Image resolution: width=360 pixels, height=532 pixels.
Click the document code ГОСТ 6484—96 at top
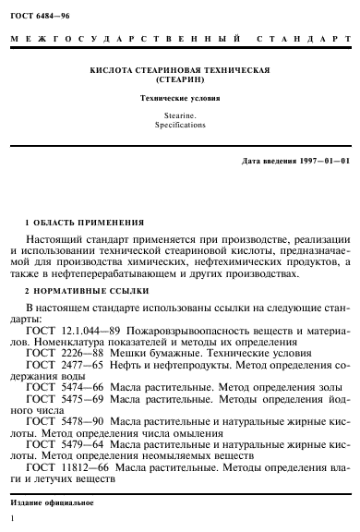tap(42, 11)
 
